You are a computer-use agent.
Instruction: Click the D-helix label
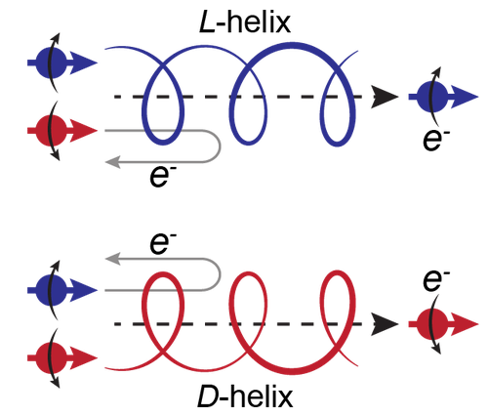pos(245,396)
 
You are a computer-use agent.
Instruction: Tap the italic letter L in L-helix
pos(206,22)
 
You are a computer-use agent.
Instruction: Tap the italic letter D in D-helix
pos(208,396)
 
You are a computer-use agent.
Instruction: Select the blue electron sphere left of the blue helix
pos(51,63)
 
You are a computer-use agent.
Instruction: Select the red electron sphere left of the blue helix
pos(51,131)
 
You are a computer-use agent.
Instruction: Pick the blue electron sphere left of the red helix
pos(51,290)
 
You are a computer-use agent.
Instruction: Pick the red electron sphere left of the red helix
pos(51,358)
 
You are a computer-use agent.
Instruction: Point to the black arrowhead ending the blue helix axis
pos(385,97)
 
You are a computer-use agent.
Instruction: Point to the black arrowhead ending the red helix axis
pos(385,324)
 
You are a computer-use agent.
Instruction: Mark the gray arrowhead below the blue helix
pos(113,162)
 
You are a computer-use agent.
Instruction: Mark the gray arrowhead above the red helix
pos(113,259)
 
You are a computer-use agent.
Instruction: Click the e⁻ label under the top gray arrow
pos(160,178)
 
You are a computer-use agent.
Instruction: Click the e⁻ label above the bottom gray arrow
pos(161,243)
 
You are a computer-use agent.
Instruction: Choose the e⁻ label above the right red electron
pos(436,280)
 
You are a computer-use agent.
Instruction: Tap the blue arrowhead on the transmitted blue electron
pos(465,97)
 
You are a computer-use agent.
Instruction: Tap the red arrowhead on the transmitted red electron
pos(465,324)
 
